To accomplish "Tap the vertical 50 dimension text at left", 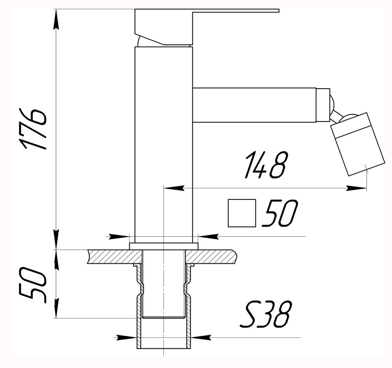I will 34,285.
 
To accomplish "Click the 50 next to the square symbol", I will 280,214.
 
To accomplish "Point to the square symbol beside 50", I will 242,213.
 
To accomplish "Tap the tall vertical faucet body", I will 163,141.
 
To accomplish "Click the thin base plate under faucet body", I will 163,246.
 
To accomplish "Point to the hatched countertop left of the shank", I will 114,257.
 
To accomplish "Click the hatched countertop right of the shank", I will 212,257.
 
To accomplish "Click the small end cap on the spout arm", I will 323,105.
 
